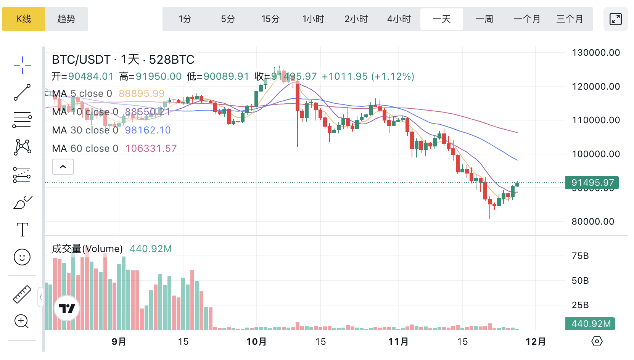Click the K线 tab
24,19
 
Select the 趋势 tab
66,19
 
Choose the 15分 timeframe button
270,19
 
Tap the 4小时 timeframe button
399,19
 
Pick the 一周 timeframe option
484,19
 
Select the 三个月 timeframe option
570,19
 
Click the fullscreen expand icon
615,19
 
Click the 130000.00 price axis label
596,53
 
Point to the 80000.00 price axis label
593,222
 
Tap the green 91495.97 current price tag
592,183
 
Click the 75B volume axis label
580,256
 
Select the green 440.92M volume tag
591,324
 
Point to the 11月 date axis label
398,341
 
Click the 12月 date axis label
536,341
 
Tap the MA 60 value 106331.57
151,148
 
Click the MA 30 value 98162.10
148,130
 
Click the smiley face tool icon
22,257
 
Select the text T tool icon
23,230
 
